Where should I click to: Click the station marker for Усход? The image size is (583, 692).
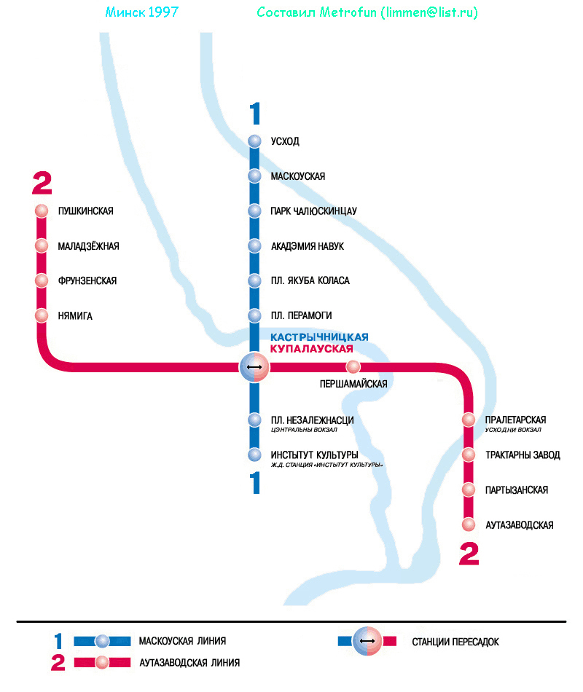(254, 141)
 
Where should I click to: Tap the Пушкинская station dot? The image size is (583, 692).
(42, 211)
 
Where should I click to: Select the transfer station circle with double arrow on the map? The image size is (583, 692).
(254, 366)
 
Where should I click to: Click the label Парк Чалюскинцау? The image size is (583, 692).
(313, 211)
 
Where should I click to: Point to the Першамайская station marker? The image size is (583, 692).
(353, 366)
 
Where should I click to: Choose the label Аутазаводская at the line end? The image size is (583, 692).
(520, 525)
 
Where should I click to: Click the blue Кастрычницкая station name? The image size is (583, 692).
(319, 337)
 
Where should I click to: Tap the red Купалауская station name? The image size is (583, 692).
(316, 349)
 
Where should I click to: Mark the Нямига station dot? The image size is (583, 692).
(42, 316)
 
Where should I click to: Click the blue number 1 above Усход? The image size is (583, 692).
(254, 114)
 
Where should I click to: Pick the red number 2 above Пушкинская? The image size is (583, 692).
(42, 184)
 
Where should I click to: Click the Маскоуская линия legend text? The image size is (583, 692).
(182, 642)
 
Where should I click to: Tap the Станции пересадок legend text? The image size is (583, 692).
(455, 642)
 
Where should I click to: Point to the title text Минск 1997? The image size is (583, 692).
(142, 13)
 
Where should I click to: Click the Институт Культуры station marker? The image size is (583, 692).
(254, 455)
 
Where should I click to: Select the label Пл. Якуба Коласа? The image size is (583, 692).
(310, 281)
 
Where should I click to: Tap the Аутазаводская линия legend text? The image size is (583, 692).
(189, 663)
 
